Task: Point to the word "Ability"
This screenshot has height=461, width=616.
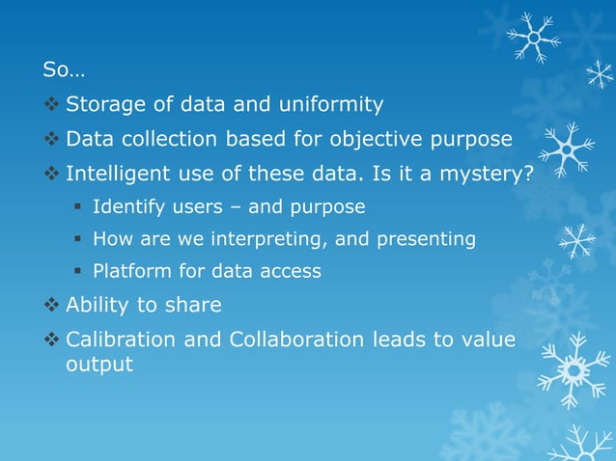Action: [97, 306]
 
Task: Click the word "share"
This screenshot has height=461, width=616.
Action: [196, 306]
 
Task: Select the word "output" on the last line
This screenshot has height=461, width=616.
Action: [98, 366]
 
